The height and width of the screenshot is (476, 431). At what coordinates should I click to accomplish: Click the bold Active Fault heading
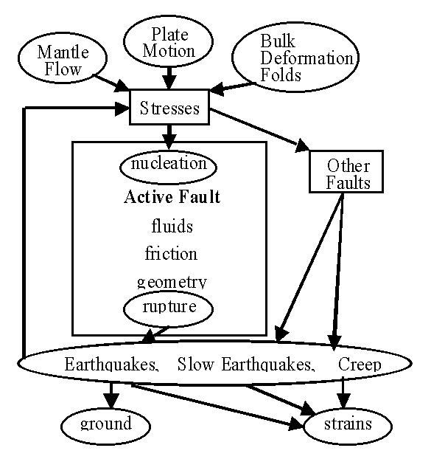pos(172,197)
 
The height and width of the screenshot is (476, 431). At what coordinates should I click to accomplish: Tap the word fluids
pos(172,226)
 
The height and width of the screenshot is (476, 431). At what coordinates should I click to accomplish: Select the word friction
pos(171,253)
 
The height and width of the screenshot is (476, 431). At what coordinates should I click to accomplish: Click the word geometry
pos(172,283)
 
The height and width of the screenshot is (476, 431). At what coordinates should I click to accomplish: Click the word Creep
pos(360,365)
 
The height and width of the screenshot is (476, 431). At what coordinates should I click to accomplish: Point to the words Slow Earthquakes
pos(246,364)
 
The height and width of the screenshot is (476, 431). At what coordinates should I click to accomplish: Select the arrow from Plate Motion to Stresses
pos(169,77)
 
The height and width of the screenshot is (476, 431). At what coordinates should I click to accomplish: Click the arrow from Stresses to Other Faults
pos(259,130)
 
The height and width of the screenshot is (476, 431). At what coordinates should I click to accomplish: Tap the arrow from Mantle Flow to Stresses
pos(111,83)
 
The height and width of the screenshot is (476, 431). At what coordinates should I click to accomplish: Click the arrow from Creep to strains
pos(343,393)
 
